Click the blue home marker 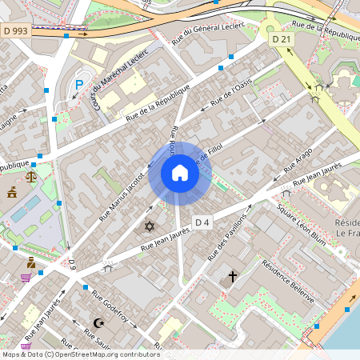point(179,173)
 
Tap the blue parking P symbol point(78,85)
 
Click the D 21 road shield point(281,39)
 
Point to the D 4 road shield point(202,222)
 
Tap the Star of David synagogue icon point(149,226)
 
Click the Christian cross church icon point(233,277)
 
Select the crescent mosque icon point(99,323)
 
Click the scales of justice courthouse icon point(31,176)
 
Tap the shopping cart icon point(26,278)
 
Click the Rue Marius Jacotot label point(120,196)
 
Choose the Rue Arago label point(298,161)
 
